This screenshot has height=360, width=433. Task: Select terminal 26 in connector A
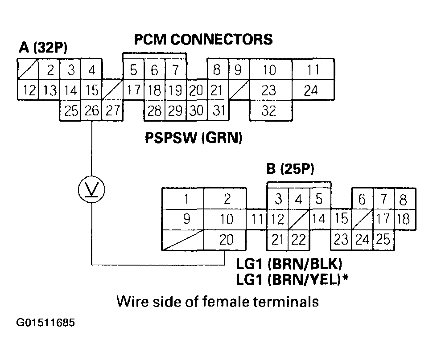pyautogui.click(x=91, y=110)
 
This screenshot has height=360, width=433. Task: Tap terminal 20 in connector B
pyautogui.click(x=227, y=240)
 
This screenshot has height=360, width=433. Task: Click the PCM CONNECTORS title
pyautogui.click(x=203, y=40)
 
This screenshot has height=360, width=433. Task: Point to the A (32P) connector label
pyautogui.click(x=43, y=48)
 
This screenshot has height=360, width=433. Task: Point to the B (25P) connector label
pyautogui.click(x=290, y=170)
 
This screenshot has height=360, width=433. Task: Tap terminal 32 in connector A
pyautogui.click(x=269, y=110)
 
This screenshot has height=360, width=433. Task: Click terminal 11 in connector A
pyautogui.click(x=313, y=70)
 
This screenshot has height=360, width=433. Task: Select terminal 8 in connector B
pyautogui.click(x=404, y=199)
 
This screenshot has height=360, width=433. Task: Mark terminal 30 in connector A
pyautogui.click(x=196, y=110)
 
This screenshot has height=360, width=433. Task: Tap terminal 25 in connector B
pyautogui.click(x=383, y=240)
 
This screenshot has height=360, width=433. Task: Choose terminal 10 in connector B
pyautogui.click(x=227, y=219)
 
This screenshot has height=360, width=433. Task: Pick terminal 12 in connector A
pyautogui.click(x=29, y=90)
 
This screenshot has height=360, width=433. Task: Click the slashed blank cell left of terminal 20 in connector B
pyautogui.click(x=183, y=240)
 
